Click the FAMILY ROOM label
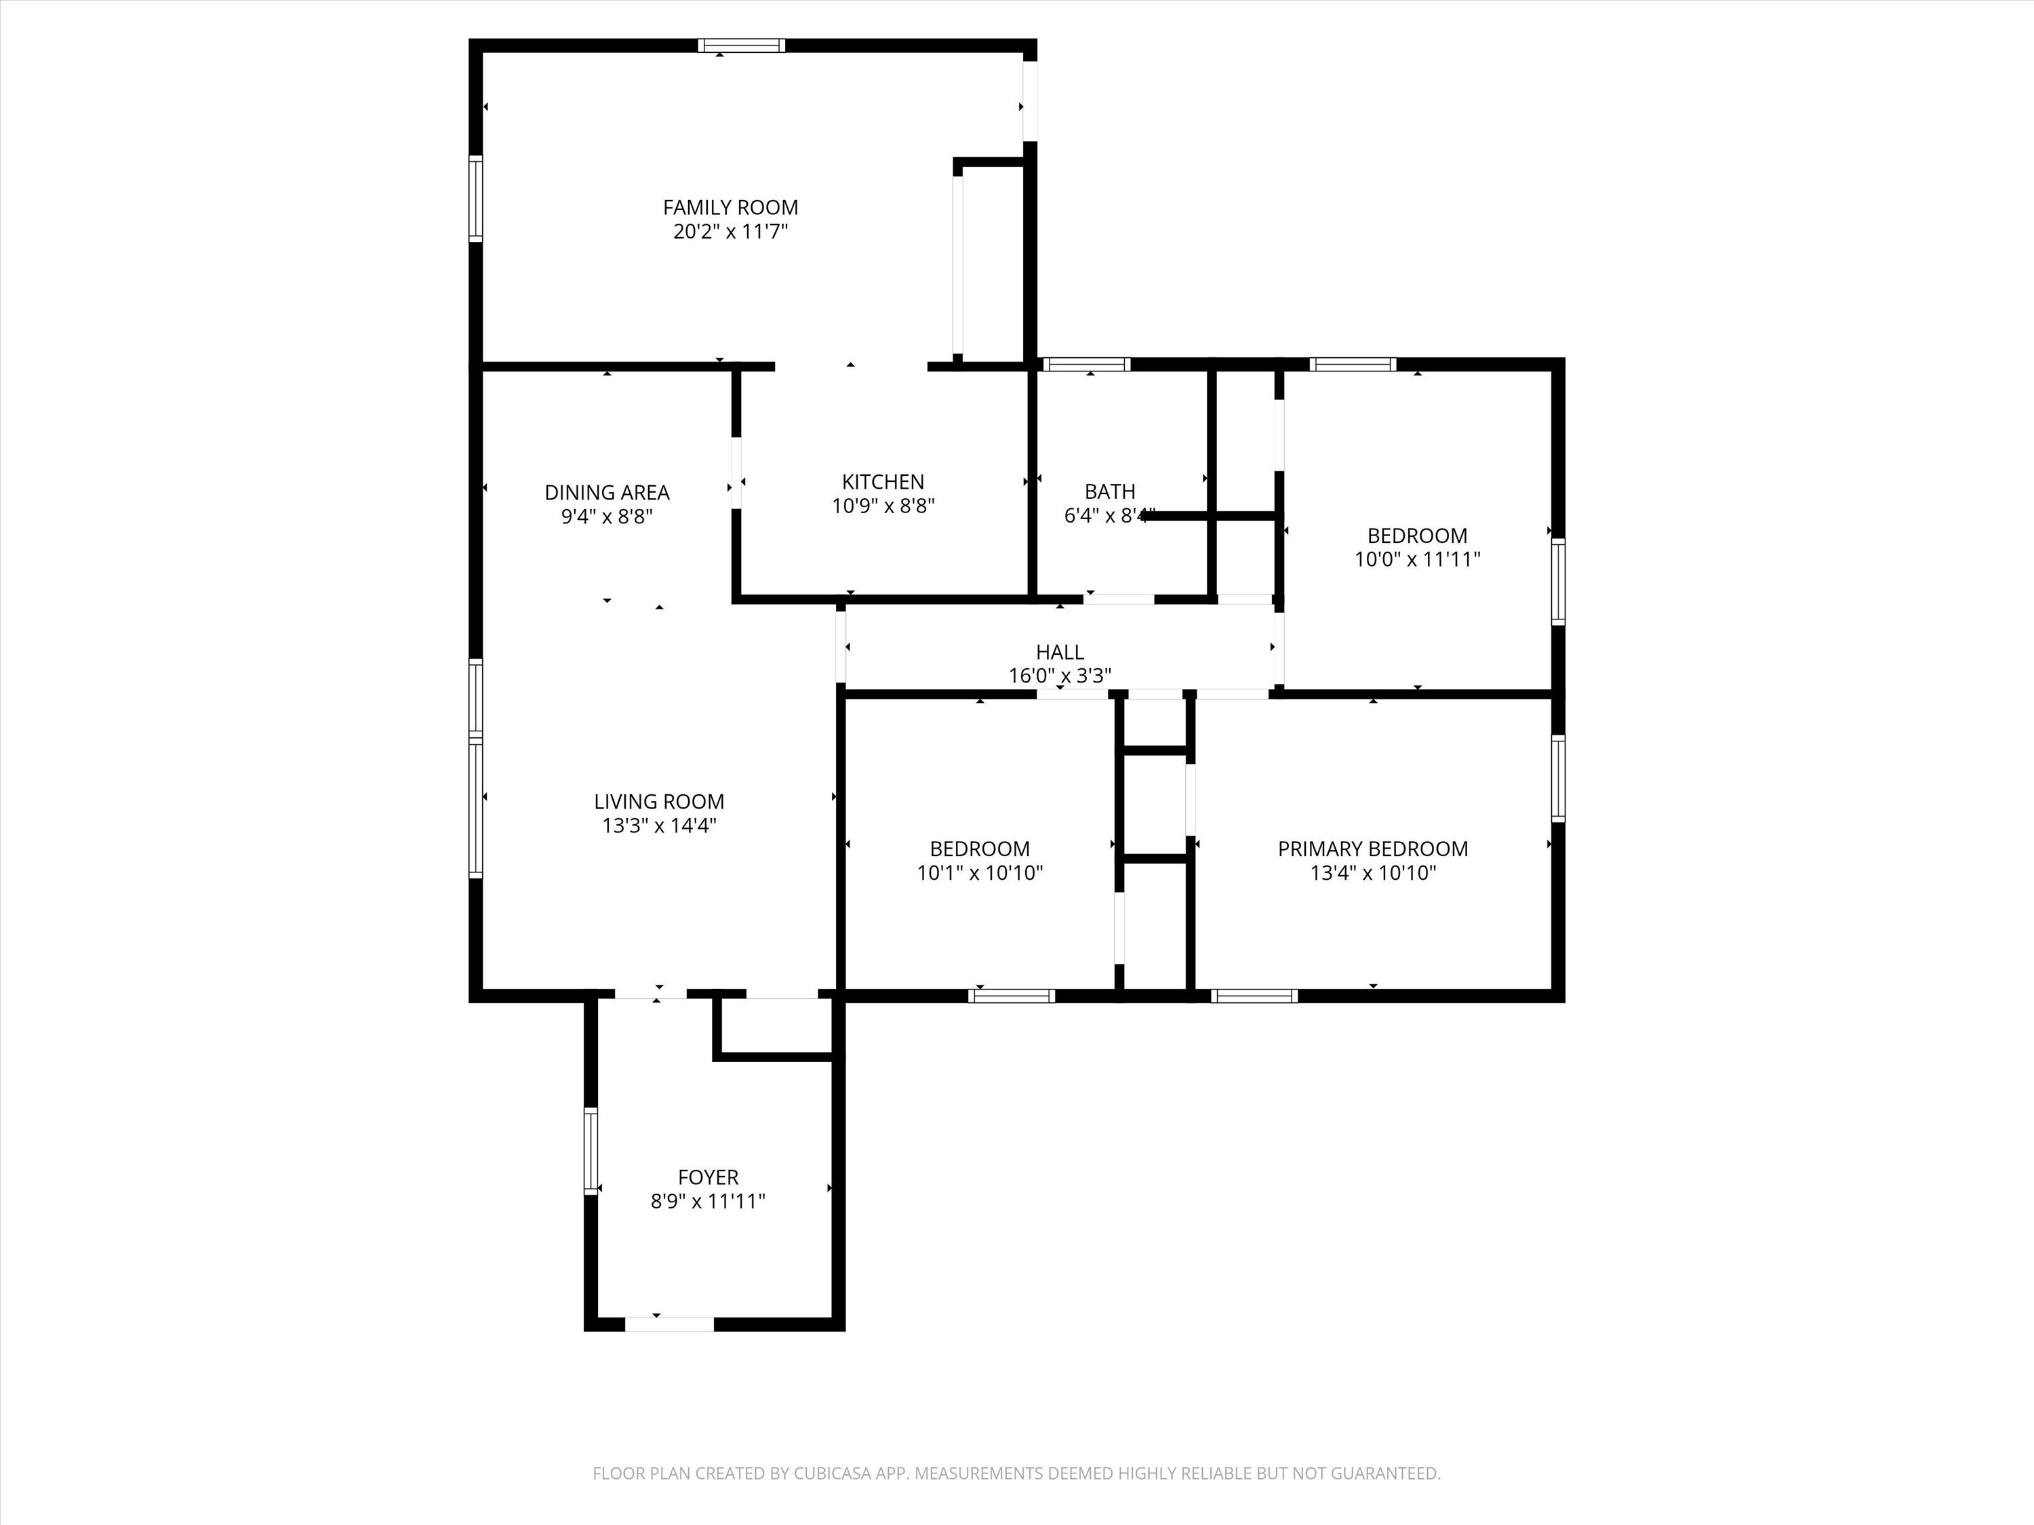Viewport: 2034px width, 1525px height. click(x=730, y=208)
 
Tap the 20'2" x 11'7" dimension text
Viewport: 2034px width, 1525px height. click(x=730, y=232)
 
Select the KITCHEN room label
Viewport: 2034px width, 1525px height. click(x=883, y=482)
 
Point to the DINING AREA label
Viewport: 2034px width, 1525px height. click(x=607, y=493)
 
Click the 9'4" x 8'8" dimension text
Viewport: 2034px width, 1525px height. click(x=607, y=516)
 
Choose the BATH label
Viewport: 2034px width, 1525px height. click(x=1110, y=492)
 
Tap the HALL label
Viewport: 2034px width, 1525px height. click(x=1059, y=652)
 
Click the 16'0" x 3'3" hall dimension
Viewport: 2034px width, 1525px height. click(x=1059, y=676)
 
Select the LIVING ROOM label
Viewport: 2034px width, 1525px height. click(x=658, y=802)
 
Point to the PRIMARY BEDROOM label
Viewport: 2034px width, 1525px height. click(x=1372, y=849)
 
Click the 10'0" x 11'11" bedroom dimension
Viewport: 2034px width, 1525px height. click(x=1417, y=559)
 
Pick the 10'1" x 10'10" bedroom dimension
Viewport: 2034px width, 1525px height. click(x=979, y=872)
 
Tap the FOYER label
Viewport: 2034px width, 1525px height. click(x=708, y=1177)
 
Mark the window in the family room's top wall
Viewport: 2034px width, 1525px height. click(x=741, y=45)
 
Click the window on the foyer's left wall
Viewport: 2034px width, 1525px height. click(x=591, y=1151)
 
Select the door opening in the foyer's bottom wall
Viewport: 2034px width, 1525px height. click(x=669, y=1324)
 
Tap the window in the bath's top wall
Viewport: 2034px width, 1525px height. click(x=1087, y=364)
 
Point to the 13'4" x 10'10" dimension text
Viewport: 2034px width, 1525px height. click(x=1372, y=872)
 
